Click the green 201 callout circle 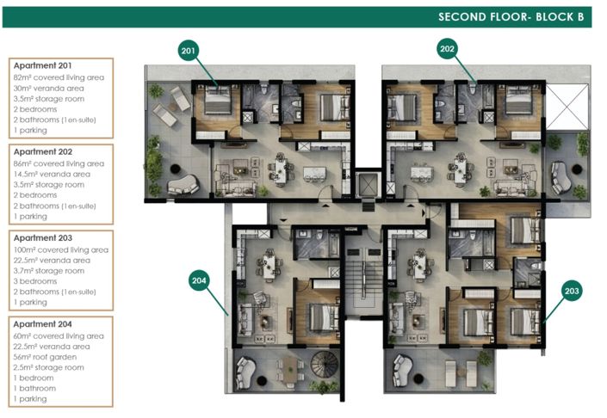pyautogui.click(x=189, y=50)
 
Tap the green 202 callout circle pyautogui.click(x=447, y=49)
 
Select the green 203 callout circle pyautogui.click(x=572, y=291)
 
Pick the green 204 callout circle pyautogui.click(x=199, y=280)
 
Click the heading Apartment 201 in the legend pyautogui.click(x=42, y=65)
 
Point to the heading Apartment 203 pyautogui.click(x=43, y=237)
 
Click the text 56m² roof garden pyautogui.click(x=45, y=357)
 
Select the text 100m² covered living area pyautogui.click(x=61, y=249)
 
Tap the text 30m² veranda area pyautogui.click(x=49, y=89)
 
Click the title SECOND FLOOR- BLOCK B pyautogui.click(x=511, y=17)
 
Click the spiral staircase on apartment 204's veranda pyautogui.click(x=325, y=364)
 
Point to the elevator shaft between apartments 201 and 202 pyautogui.click(x=369, y=185)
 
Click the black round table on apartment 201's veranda pyautogui.click(x=176, y=169)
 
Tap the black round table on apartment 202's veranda pyautogui.click(x=577, y=169)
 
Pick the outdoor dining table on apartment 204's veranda pyautogui.click(x=289, y=369)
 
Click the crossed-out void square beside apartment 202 pyautogui.click(x=567, y=108)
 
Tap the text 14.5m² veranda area pyautogui.click(x=52, y=174)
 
